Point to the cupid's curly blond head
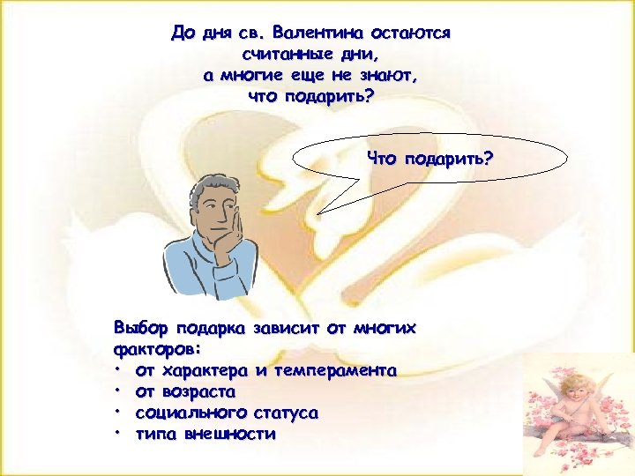(x=577, y=389)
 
